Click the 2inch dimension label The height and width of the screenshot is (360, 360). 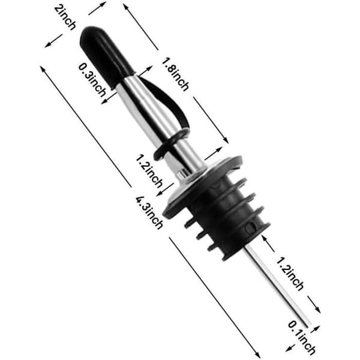tap(65, 17)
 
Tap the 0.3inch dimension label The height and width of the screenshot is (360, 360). tap(92, 80)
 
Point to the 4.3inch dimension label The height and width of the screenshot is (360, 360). tap(149, 212)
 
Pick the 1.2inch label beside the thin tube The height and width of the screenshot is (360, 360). tap(290, 274)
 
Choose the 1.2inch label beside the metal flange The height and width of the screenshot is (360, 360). tap(149, 171)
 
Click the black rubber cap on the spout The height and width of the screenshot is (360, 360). tap(106, 56)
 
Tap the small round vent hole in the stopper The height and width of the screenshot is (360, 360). tap(250, 227)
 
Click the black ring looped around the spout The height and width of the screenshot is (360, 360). tap(170, 144)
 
